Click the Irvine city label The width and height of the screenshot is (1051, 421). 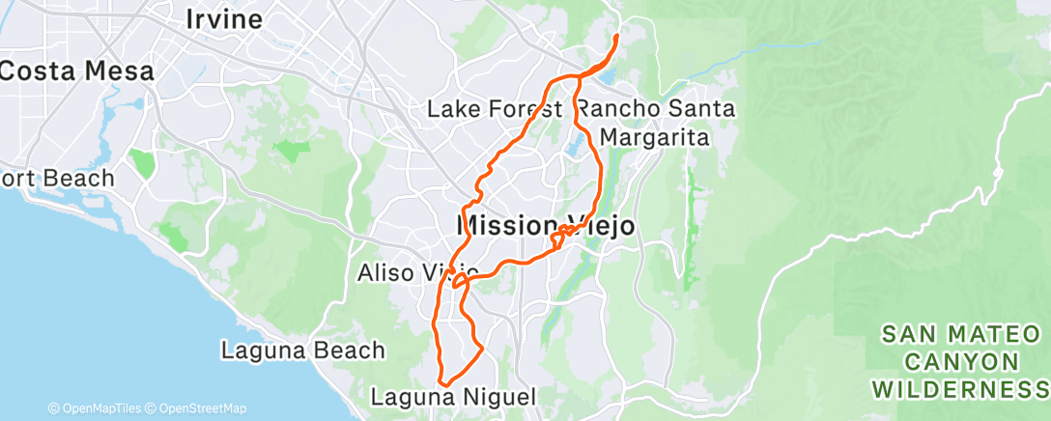pos(223,19)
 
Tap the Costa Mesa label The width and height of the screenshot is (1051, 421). pos(77,70)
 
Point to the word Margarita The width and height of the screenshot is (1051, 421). pos(655,138)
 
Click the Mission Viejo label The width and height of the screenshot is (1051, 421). pos(545,226)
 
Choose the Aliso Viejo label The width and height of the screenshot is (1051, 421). pos(417,272)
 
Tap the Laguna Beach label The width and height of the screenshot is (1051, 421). pos(303,350)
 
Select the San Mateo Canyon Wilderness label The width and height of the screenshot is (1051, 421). pos(961,361)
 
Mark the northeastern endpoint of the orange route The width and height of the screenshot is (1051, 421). pos(616,37)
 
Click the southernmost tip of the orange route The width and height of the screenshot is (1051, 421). pos(442,383)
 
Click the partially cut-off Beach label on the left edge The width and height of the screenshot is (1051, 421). pos(58,179)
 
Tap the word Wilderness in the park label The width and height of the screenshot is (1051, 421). pos(961,389)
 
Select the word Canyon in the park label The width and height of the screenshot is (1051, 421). pos(961,361)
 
